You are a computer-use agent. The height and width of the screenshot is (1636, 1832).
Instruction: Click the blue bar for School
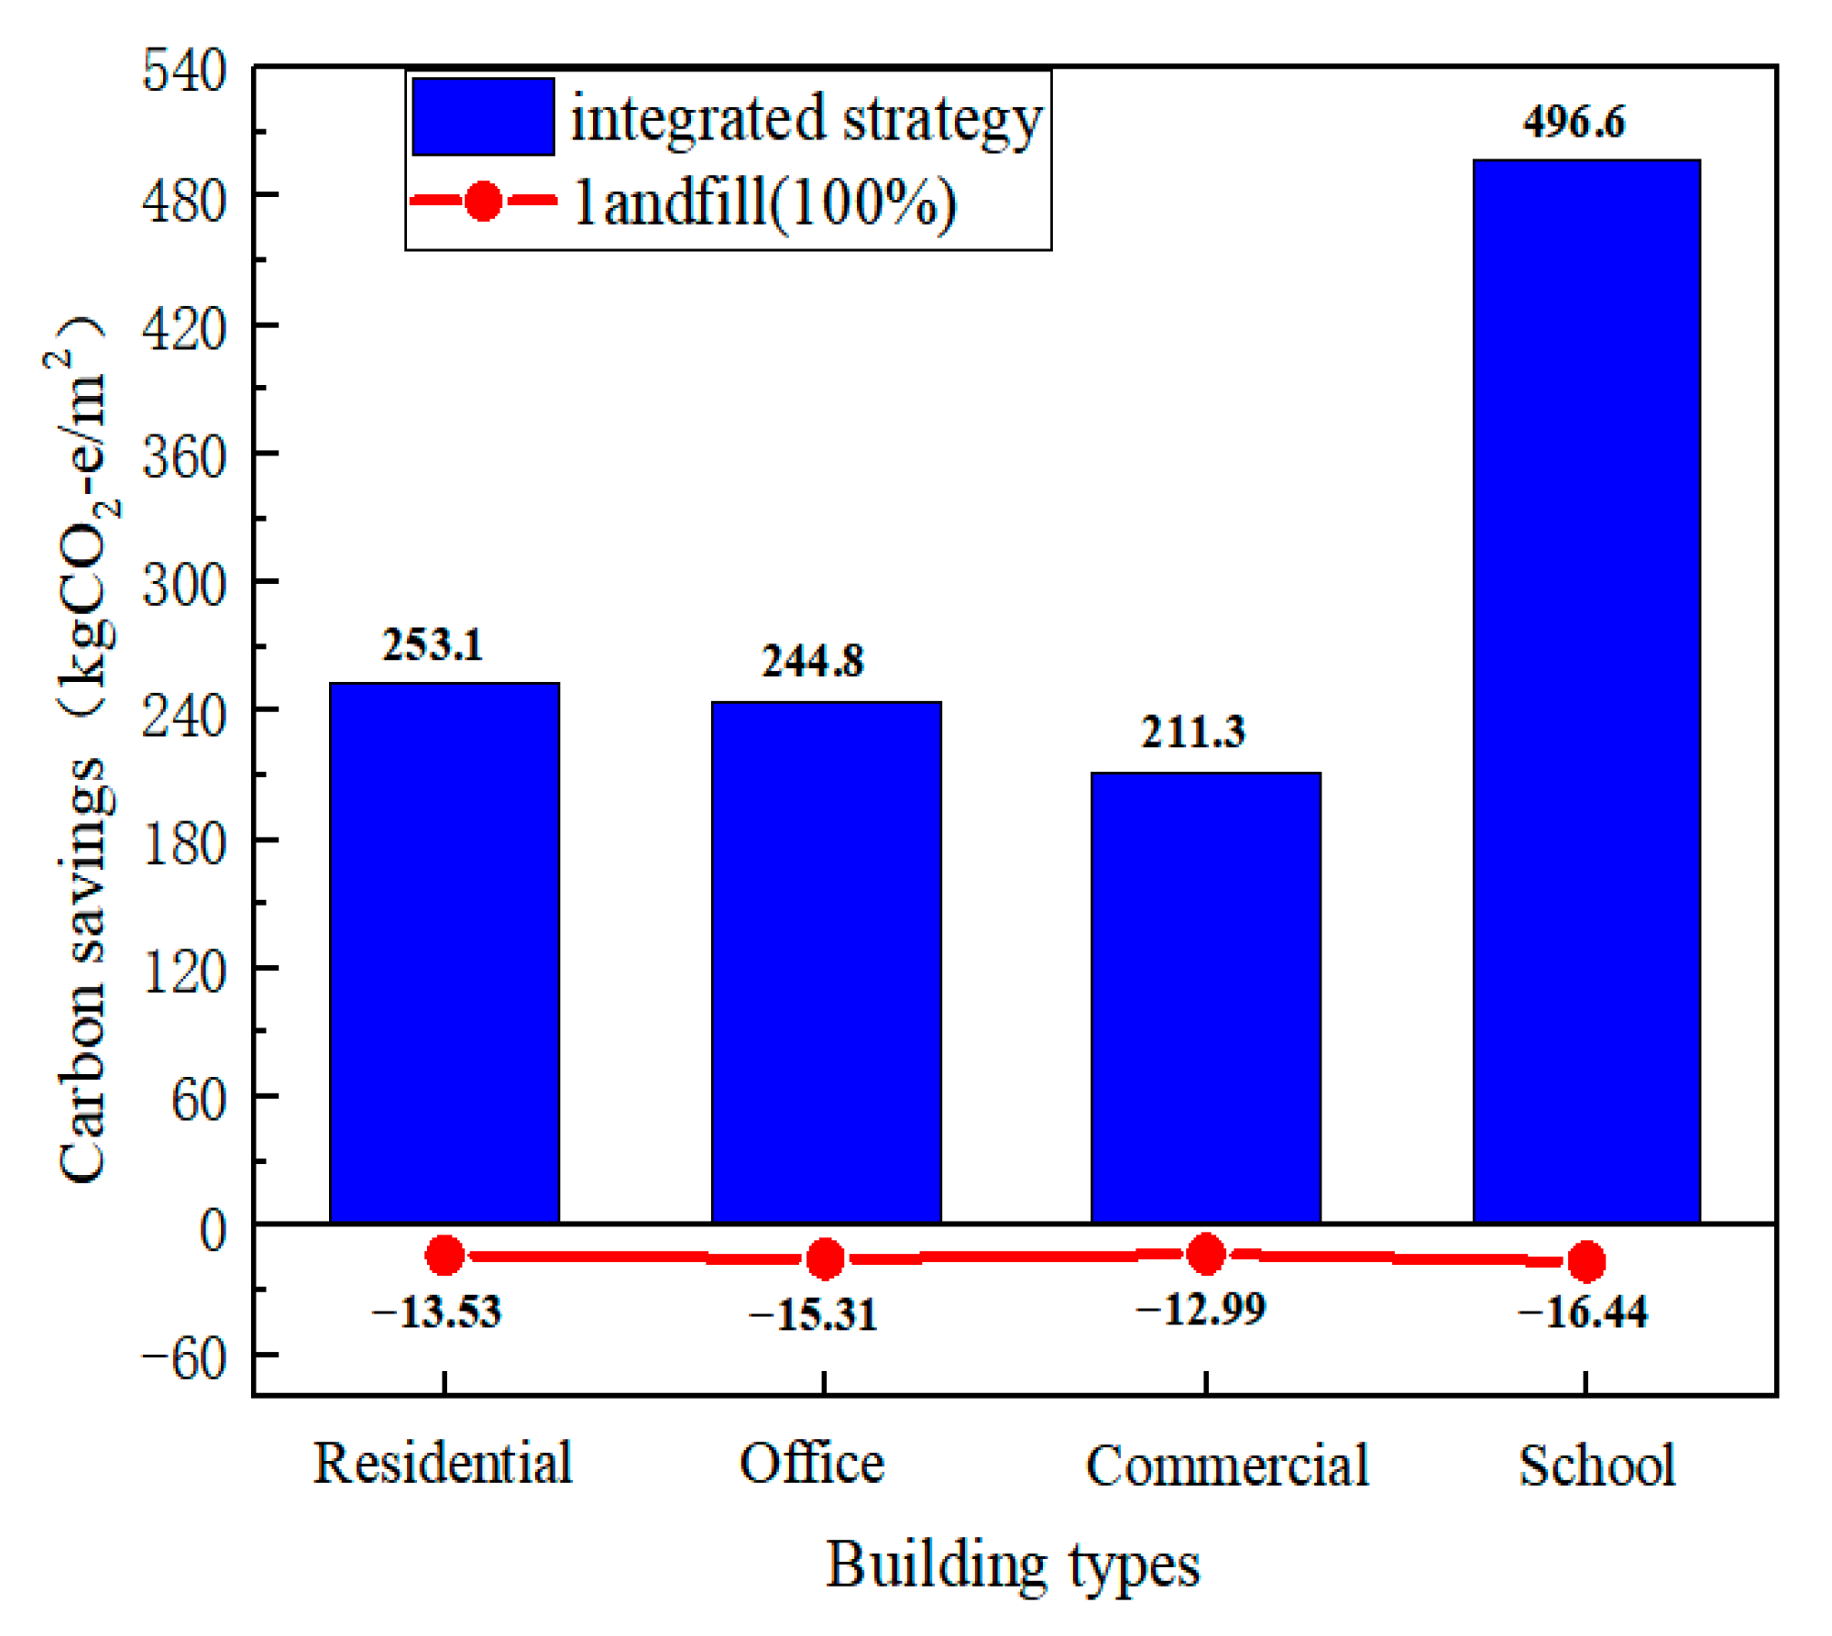click(x=1585, y=691)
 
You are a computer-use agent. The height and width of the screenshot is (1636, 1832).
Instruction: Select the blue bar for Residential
click(x=444, y=952)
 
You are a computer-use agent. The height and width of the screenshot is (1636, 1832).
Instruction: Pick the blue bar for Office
click(x=826, y=961)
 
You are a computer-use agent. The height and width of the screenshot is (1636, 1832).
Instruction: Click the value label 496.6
click(x=1574, y=122)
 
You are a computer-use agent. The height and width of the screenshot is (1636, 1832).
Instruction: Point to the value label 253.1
click(x=432, y=644)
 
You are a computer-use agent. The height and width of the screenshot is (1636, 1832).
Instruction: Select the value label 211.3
click(x=1192, y=731)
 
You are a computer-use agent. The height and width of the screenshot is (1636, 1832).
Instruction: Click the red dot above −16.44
click(x=1586, y=1261)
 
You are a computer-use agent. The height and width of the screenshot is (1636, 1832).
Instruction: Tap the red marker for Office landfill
click(x=825, y=1258)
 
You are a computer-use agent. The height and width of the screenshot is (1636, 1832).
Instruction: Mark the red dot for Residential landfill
click(x=444, y=1255)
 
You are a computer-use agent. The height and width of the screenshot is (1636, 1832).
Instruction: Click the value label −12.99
click(x=1201, y=1309)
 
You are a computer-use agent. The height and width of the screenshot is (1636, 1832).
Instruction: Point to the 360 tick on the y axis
click(x=183, y=456)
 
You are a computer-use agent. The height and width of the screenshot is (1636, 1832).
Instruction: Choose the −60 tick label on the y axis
click(x=183, y=1357)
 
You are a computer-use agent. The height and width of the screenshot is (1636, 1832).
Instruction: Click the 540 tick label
click(x=183, y=70)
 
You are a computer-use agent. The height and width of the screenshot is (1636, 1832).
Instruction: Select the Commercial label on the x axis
click(x=1226, y=1465)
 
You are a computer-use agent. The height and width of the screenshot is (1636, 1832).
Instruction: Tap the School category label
click(x=1596, y=1465)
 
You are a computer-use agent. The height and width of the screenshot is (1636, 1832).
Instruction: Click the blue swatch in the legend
click(x=483, y=116)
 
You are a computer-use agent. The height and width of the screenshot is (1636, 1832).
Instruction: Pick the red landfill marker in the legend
click(x=483, y=201)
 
